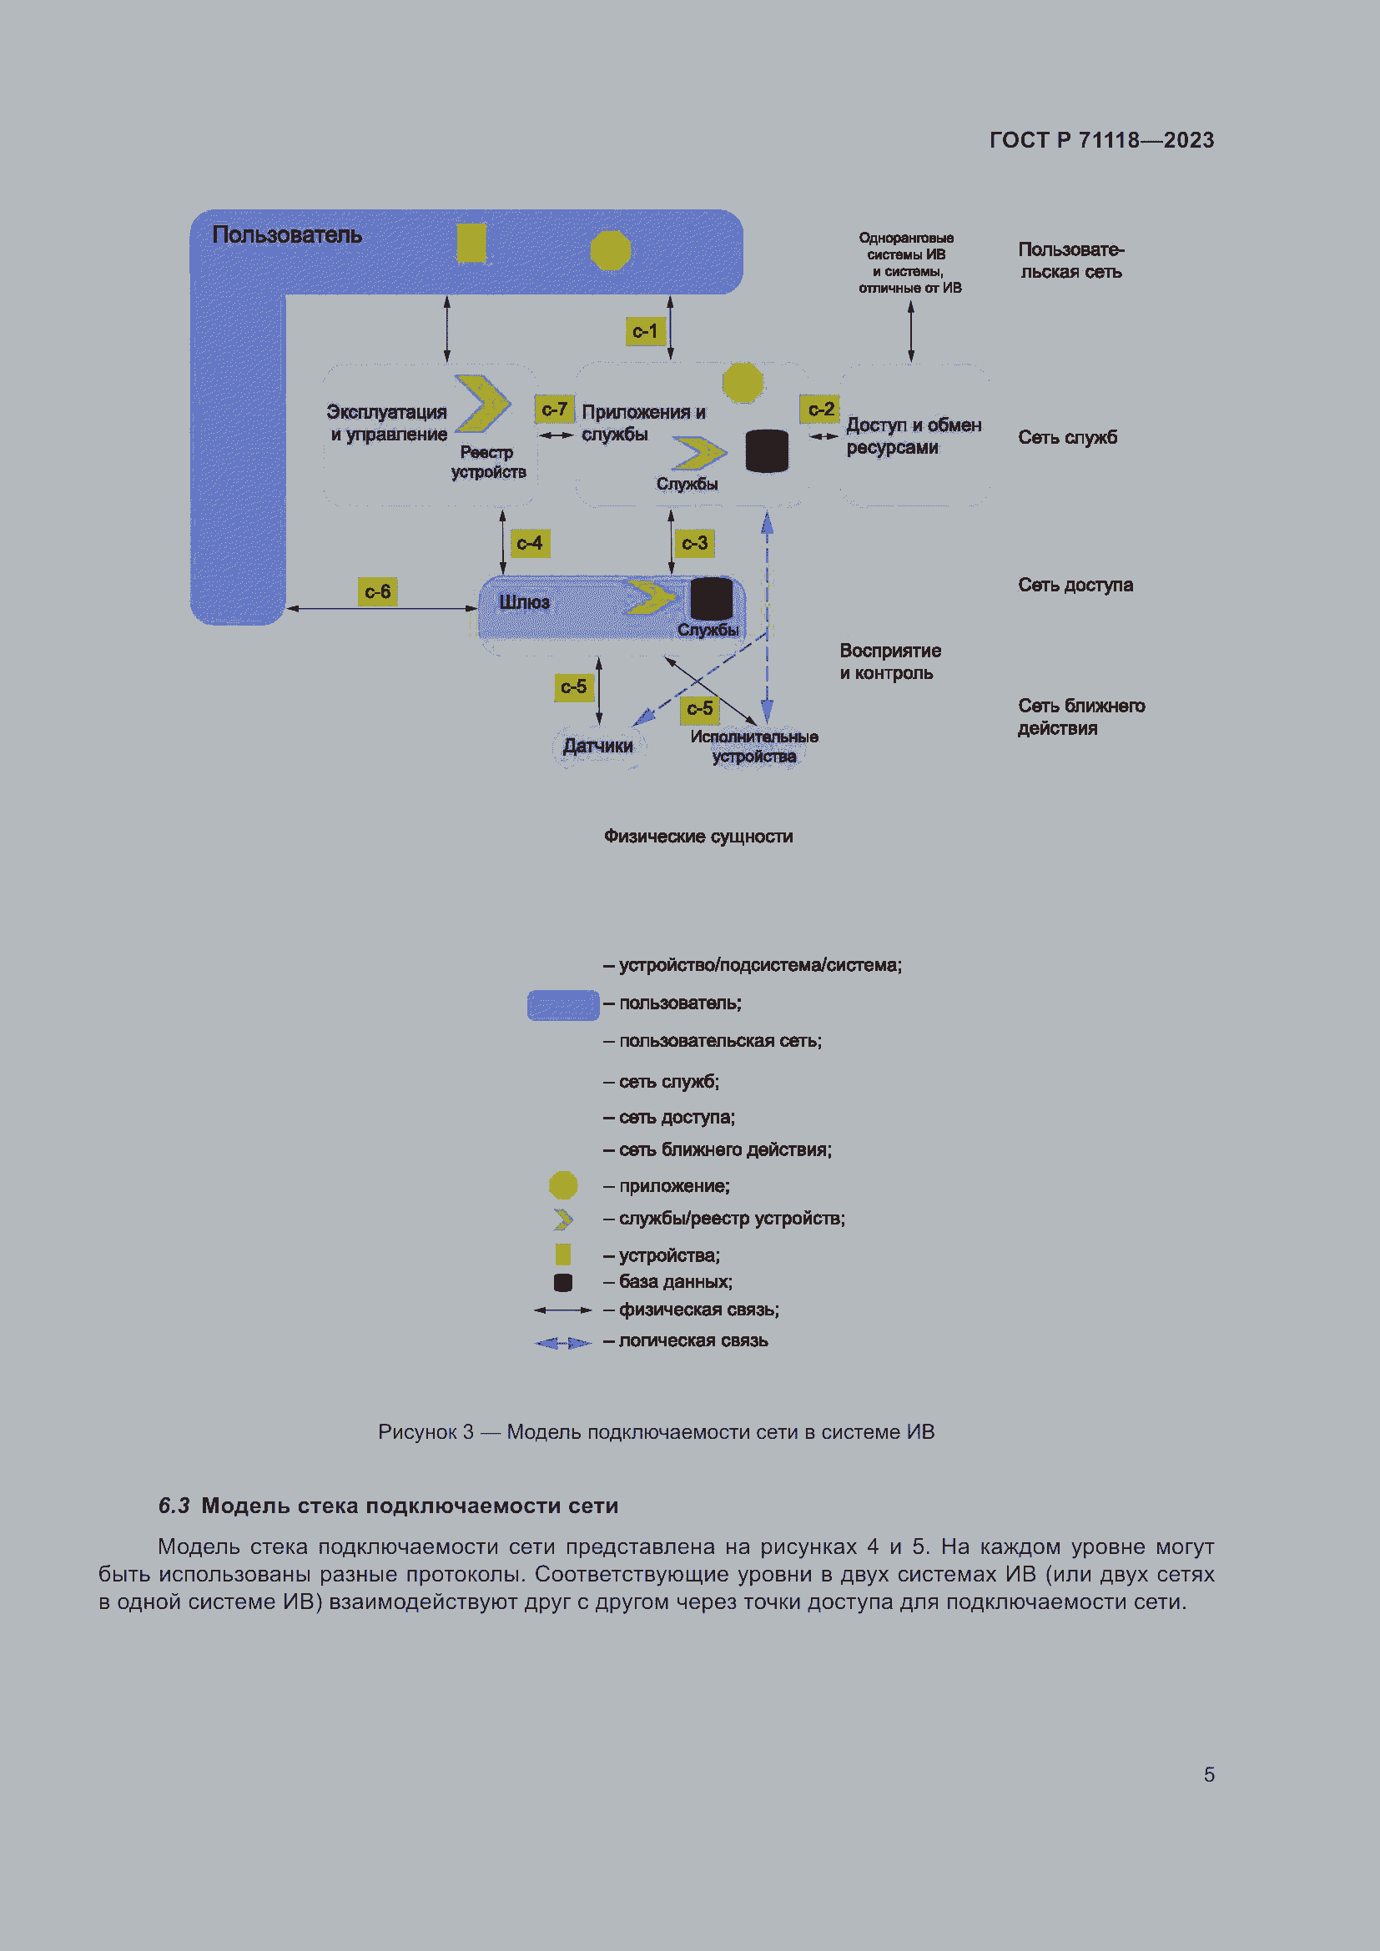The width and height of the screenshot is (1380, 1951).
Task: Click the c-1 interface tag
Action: (x=645, y=331)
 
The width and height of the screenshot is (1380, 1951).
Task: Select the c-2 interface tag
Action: (x=820, y=410)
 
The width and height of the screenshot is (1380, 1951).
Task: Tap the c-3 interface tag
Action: (x=694, y=543)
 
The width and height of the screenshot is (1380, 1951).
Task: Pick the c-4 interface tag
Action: (x=530, y=543)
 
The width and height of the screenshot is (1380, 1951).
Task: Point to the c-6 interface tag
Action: (x=377, y=591)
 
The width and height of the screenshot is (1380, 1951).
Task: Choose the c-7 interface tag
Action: (x=554, y=410)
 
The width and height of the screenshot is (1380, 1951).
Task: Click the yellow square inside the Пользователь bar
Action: (x=471, y=243)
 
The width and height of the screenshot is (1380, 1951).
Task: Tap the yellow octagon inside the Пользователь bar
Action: (x=610, y=250)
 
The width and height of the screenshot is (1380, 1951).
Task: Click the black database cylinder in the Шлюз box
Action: (x=711, y=598)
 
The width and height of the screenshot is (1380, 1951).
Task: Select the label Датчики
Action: (x=598, y=746)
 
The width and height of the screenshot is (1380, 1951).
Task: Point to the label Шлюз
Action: (x=524, y=602)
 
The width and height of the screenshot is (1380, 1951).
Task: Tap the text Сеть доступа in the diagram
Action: (x=1075, y=585)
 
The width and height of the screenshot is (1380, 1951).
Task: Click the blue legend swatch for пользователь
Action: (x=563, y=1005)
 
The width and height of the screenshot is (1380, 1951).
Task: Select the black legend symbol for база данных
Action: (x=562, y=1282)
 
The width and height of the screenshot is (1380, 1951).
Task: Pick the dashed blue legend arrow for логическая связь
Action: (x=562, y=1343)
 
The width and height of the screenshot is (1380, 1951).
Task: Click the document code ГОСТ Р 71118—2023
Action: (x=1102, y=140)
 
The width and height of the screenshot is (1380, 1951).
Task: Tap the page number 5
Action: (x=1209, y=1775)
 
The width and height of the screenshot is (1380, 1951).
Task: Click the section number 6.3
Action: (x=174, y=1506)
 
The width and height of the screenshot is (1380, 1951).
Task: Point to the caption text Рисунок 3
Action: (x=426, y=1432)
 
